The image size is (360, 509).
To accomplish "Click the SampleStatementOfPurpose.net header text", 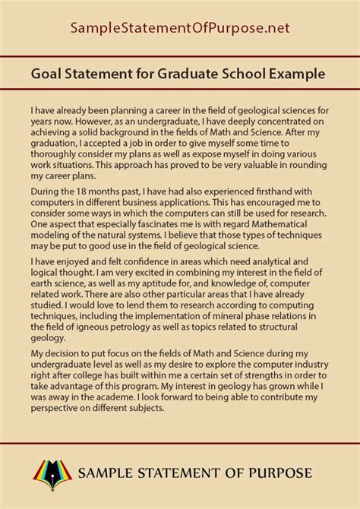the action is tap(179, 29).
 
